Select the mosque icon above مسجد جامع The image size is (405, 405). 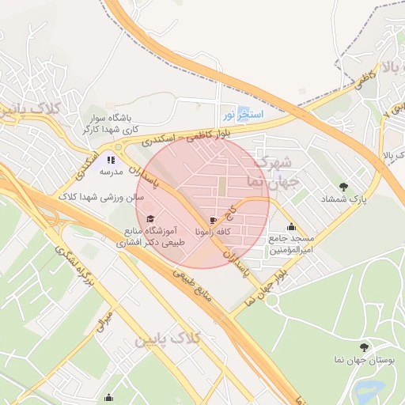[292, 226]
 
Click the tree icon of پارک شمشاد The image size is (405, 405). [343, 187]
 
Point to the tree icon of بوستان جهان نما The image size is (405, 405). [364, 347]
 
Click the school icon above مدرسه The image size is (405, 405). [111, 160]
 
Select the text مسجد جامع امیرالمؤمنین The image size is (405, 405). [292, 244]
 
